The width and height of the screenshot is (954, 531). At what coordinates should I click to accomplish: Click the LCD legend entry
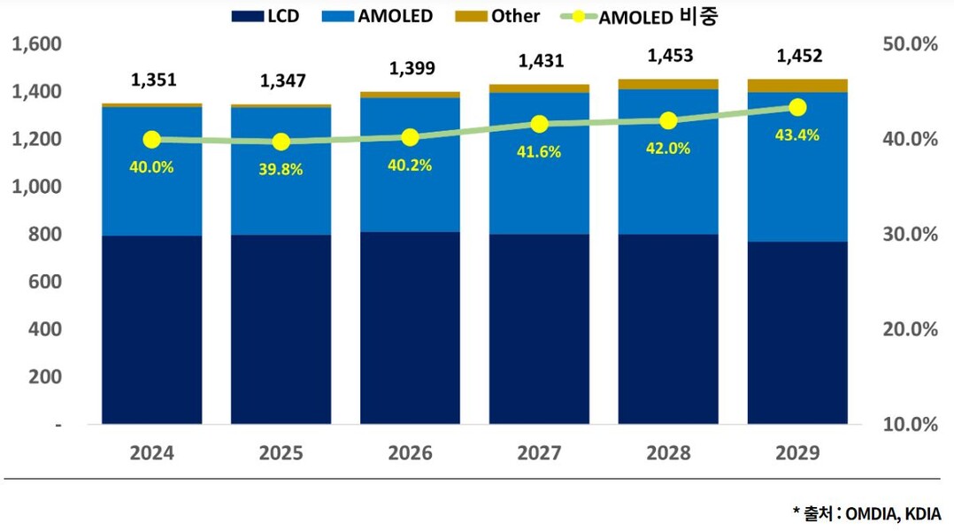(x=265, y=16)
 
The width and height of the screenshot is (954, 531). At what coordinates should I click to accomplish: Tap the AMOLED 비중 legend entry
(x=646, y=16)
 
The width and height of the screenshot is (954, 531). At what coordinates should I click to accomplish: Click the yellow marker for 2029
(x=797, y=107)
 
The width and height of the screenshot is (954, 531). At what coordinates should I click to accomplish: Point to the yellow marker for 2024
(x=151, y=140)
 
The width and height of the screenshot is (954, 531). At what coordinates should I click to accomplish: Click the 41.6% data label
(x=539, y=152)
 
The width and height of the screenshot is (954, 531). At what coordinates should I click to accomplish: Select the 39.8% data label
(x=281, y=169)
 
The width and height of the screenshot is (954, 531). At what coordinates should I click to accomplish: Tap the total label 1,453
(x=670, y=56)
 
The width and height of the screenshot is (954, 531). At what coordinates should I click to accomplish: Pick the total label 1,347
(x=282, y=81)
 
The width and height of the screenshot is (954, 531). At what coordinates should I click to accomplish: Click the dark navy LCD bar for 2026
(x=410, y=327)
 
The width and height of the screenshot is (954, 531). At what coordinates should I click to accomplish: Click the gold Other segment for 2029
(x=797, y=85)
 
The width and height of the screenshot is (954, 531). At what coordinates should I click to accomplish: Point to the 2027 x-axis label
(x=539, y=453)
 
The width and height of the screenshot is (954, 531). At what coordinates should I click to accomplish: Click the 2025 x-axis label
(x=281, y=453)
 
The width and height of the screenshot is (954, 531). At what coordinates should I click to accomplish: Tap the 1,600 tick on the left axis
(x=36, y=44)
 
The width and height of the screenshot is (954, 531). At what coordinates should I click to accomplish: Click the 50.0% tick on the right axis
(x=911, y=44)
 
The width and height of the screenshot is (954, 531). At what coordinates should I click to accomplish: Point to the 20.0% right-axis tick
(x=911, y=329)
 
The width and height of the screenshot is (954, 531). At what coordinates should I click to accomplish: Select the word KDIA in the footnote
(x=923, y=513)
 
